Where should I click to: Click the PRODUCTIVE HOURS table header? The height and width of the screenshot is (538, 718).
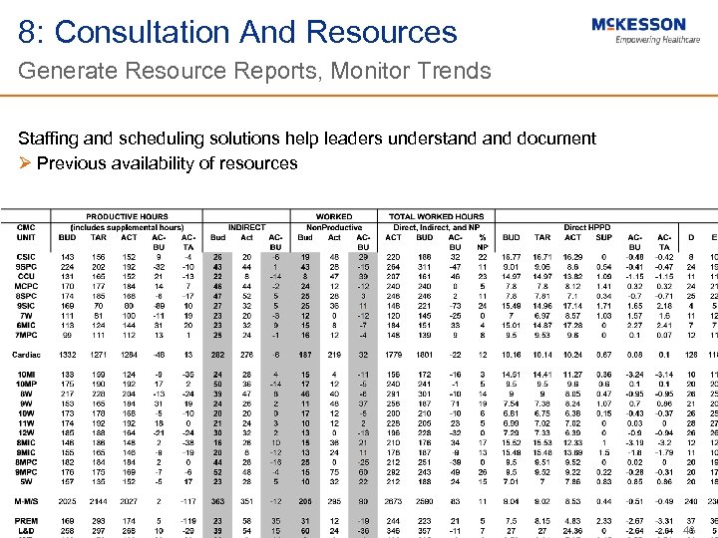127,216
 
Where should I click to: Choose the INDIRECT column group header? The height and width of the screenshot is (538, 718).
247,227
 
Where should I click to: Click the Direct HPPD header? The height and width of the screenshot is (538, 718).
588,227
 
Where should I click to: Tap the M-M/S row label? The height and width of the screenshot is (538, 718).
27,502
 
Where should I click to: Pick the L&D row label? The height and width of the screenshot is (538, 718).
26,531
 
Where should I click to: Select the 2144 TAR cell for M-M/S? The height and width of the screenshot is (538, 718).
97,502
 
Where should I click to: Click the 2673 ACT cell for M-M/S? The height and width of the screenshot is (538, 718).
394,502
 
